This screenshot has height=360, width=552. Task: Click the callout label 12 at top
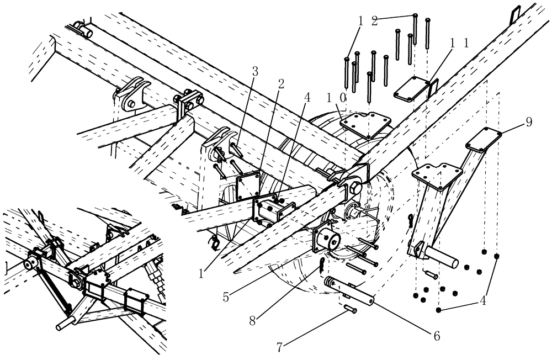368,20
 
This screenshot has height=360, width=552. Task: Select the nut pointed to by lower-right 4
438,311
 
